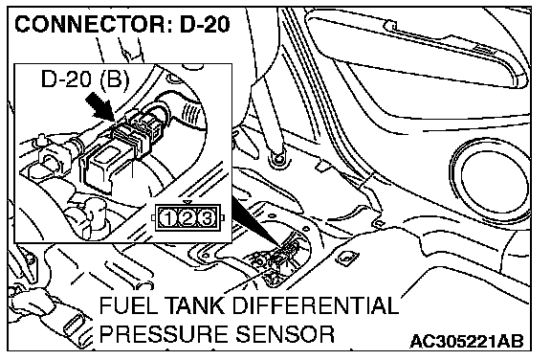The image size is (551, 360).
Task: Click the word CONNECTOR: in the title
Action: coord(94,24)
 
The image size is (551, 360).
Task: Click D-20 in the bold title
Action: coord(205,24)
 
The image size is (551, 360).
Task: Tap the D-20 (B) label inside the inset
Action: coord(85,79)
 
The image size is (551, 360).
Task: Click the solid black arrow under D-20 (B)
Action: coord(99,108)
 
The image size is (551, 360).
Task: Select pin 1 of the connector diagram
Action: coord(167,218)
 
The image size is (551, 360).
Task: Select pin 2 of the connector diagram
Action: coord(187,218)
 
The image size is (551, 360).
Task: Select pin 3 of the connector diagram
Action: coord(207,218)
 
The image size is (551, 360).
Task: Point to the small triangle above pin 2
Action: coord(188,202)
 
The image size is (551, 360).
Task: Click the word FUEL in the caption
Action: coord(127,305)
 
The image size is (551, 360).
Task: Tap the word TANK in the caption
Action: coord(194,305)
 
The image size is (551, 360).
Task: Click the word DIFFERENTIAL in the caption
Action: coord(315,305)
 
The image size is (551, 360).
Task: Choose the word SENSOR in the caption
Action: coord(285,334)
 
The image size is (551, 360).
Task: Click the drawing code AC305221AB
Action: coord(467,341)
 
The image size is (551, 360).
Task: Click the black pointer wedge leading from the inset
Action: coord(255,221)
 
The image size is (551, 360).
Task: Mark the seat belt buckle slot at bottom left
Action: coord(72,326)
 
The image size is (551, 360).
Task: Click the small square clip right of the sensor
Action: coord(347,259)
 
